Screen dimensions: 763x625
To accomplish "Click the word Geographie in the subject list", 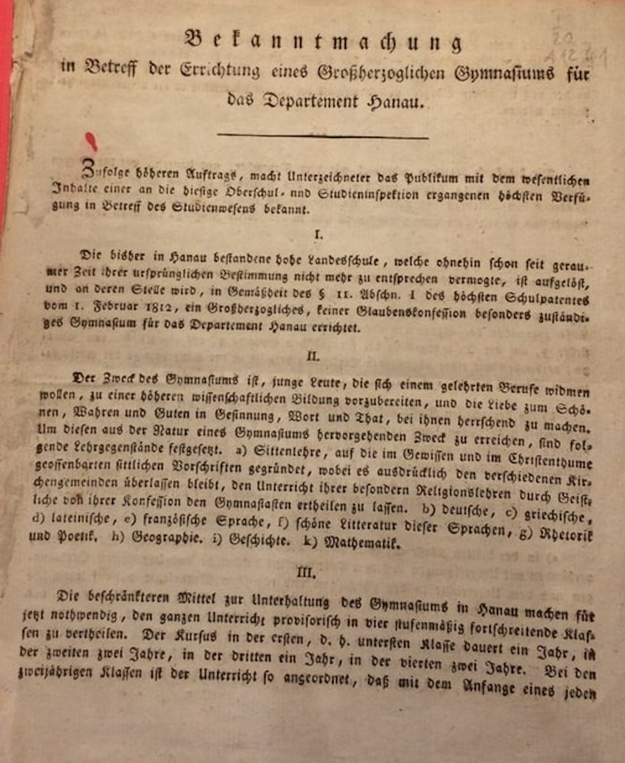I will click(x=166, y=537).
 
